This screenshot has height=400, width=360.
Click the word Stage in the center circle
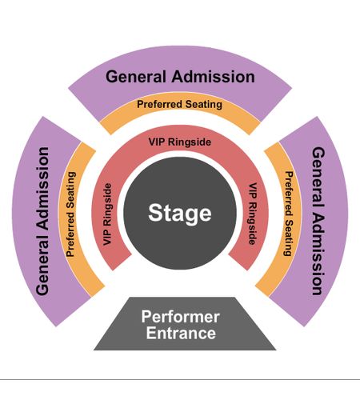pyautogui.click(x=180, y=214)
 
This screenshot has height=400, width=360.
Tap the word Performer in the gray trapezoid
pyautogui.click(x=181, y=317)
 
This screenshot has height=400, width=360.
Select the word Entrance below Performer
pyautogui.click(x=181, y=333)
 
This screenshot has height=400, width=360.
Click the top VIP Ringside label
pyautogui.click(x=180, y=142)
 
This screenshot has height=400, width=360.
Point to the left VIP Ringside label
pyautogui.click(x=107, y=214)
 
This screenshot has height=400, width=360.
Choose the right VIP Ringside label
pyautogui.click(x=253, y=214)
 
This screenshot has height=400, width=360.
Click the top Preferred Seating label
pyautogui.click(x=179, y=104)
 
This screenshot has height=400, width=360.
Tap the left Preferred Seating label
pyautogui.click(x=70, y=214)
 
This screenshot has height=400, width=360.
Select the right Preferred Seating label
pyautogui.click(x=289, y=214)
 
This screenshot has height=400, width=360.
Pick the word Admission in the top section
pyautogui.click(x=213, y=77)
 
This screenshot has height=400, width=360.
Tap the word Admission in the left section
pyautogui.click(x=42, y=189)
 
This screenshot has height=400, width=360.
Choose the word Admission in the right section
pyautogui.click(x=318, y=254)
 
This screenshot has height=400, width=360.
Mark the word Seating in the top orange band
pyautogui.click(x=204, y=104)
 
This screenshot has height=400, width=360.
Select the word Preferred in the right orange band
pyautogui.click(x=289, y=194)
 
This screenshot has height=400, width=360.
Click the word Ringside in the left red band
pyautogui.click(x=107, y=206)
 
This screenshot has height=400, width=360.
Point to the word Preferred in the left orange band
pyautogui.click(x=70, y=234)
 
